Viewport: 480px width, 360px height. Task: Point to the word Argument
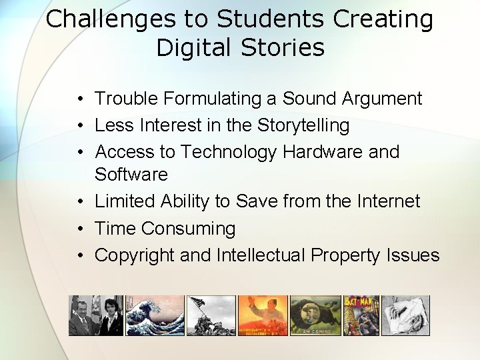381,99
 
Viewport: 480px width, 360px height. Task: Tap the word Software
131,175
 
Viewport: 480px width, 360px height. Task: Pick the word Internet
388,201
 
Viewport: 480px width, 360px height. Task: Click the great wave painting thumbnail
155,315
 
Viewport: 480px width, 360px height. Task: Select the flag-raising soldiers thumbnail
211,315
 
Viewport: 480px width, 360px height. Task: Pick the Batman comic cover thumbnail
361,315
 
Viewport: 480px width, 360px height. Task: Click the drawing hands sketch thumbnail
405,315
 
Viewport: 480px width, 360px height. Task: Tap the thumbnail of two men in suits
95,315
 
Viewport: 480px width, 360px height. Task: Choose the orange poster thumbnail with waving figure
263,315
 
